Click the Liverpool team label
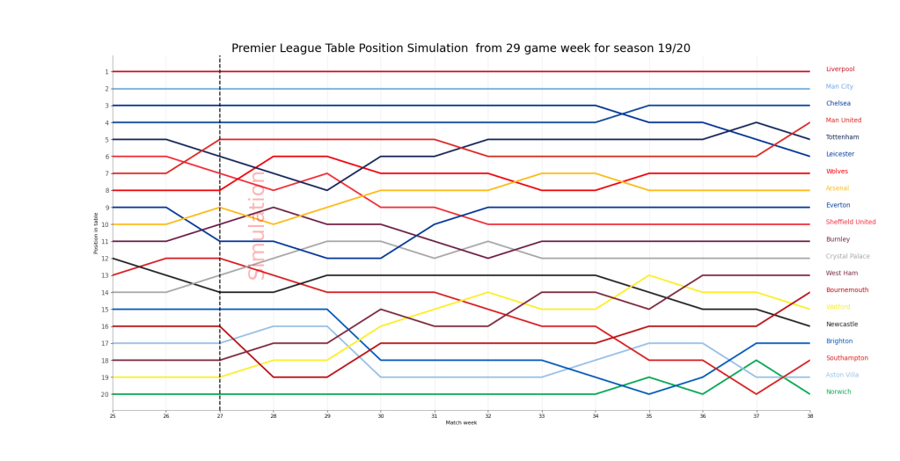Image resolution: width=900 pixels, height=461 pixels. [839, 70]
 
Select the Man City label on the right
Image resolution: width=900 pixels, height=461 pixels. [839, 87]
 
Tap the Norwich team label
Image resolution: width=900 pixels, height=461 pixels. [838, 392]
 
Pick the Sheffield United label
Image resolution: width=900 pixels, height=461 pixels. [851, 223]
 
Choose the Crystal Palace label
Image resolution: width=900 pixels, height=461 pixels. [847, 257]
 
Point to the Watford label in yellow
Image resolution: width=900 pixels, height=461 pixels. [838, 308]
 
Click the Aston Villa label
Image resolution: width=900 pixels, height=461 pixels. [842, 375]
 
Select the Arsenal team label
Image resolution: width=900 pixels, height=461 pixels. [838, 189]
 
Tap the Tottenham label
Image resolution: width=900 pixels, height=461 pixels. [843, 138]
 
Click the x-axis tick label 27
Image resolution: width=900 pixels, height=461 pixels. [220, 415]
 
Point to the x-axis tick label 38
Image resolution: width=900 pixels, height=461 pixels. [809, 415]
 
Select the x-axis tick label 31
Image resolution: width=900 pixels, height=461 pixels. [434, 415]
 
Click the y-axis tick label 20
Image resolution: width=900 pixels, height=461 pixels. [106, 394]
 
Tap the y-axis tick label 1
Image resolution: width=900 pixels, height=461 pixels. [106, 72]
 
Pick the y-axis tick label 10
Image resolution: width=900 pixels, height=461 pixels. [106, 224]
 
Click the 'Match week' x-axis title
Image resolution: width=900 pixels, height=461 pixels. [461, 423]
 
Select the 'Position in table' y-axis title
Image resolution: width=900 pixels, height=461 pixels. [97, 233]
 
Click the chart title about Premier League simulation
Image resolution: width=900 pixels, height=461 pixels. [460, 48]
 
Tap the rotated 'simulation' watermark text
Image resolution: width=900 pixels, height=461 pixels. [257, 224]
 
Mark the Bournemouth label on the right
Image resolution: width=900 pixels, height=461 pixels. [846, 290]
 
